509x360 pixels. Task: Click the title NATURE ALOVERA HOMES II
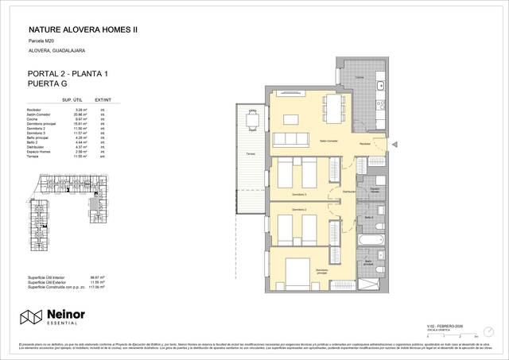point(78,29)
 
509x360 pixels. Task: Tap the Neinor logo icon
point(31,317)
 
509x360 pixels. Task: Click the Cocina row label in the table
point(34,118)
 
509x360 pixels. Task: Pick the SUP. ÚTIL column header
point(73,101)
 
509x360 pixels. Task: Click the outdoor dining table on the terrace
point(253,122)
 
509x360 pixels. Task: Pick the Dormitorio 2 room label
point(300,210)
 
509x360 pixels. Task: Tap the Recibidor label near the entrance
point(363,144)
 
